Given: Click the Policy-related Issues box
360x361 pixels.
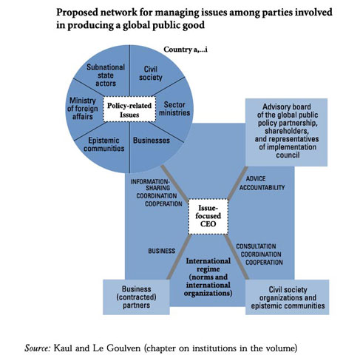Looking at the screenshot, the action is click(129, 109).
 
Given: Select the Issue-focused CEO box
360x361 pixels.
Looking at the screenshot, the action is click(208, 216).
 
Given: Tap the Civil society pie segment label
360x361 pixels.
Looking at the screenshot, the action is click(151, 73).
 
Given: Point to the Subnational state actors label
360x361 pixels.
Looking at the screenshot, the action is click(106, 75).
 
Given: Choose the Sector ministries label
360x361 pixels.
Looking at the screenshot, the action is click(174, 109).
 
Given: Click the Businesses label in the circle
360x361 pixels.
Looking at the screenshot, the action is click(152, 141).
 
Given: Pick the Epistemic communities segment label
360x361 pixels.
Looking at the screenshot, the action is click(103, 144).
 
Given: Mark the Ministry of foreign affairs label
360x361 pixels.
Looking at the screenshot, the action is click(83, 109).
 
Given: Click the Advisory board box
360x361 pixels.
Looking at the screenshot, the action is click(286, 132).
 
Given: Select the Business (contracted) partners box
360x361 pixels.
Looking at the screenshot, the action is click(136, 297).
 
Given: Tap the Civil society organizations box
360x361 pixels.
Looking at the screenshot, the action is click(288, 297).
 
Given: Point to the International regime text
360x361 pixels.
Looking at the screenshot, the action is click(208, 277).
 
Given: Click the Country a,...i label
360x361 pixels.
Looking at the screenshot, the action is click(186, 50).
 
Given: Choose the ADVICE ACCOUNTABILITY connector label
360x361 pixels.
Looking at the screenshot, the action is click(262, 183).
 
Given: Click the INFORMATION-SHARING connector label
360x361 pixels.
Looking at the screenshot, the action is click(156, 192).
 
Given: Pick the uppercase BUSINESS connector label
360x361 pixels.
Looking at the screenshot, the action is click(162, 251).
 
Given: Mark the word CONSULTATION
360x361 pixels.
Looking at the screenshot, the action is click(256, 246).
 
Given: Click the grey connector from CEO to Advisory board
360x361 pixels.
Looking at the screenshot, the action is click(237, 183).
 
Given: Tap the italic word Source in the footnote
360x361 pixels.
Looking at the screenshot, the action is click(38, 348).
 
